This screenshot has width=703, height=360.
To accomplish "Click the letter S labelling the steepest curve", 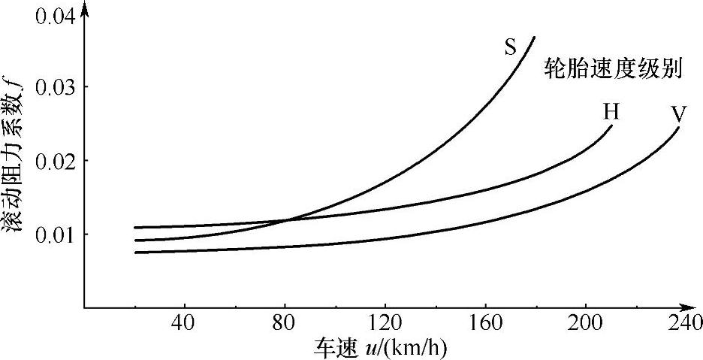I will [x=510, y=49].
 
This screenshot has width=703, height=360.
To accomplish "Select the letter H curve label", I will [x=611, y=112].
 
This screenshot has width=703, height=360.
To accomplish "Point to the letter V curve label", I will [x=678, y=114].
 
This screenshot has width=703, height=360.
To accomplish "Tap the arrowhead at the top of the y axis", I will [x=84, y=9].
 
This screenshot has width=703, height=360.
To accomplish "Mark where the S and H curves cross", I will [x=286, y=220].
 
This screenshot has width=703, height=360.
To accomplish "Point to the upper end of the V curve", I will [x=679, y=128].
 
